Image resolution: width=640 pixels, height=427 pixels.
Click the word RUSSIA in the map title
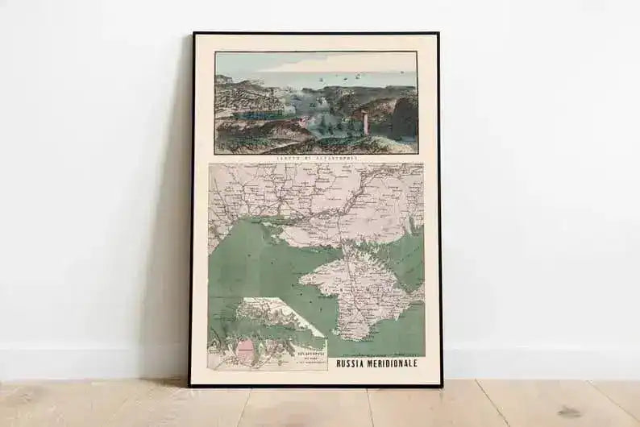[355, 363]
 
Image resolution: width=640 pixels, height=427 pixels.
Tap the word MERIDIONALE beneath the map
[396, 363]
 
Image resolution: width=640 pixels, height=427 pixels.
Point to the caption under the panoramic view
[315, 158]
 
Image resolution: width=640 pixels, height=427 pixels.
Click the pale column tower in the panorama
[364, 123]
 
